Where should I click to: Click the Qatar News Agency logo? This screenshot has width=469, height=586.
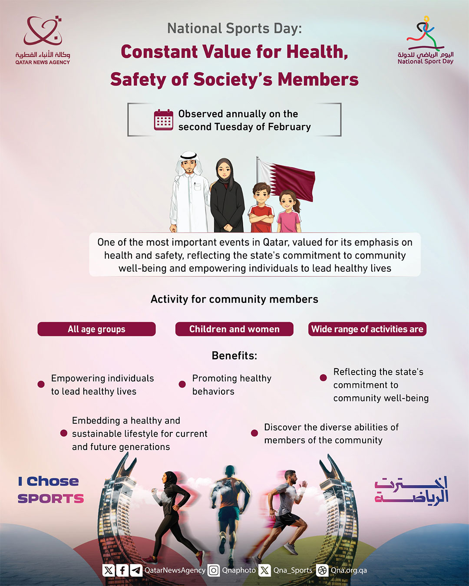tap(43, 40)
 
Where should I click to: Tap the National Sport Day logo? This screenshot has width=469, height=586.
tap(426, 40)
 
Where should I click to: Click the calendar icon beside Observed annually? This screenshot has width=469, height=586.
tap(164, 120)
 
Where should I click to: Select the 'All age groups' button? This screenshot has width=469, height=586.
tap(96, 329)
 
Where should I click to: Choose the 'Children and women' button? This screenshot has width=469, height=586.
tap(234, 329)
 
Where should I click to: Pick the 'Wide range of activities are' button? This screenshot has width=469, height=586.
tap(367, 329)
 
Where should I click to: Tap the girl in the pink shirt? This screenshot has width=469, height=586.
tap(289, 212)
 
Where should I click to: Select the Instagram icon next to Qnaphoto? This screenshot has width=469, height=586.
tap(214, 570)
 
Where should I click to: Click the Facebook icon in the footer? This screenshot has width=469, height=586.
tap(122, 570)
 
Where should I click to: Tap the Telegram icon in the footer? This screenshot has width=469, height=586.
tap(136, 570)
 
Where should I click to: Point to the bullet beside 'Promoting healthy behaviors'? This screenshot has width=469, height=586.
tap(182, 385)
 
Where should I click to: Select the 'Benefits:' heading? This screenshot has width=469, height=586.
tap(234, 356)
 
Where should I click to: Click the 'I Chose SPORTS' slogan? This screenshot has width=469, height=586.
tap(50, 490)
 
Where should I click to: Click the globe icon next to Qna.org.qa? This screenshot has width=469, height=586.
tap(322, 570)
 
